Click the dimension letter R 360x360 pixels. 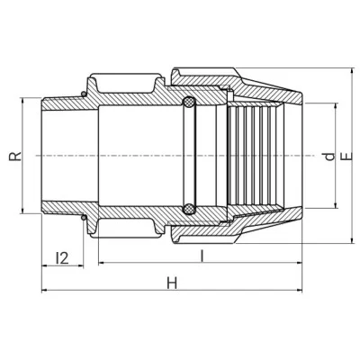(x=15, y=156)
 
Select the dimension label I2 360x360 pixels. (x=62, y=257)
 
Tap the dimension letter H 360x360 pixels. (x=172, y=283)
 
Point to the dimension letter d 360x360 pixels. (x=330, y=157)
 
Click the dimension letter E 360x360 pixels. (x=347, y=156)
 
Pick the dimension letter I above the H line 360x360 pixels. (x=202, y=256)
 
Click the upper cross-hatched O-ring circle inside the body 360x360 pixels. (x=189, y=103)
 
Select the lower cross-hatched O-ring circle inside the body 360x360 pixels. (x=189, y=209)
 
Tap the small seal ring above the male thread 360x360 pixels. (x=84, y=94)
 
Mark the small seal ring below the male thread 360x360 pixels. (x=84, y=217)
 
